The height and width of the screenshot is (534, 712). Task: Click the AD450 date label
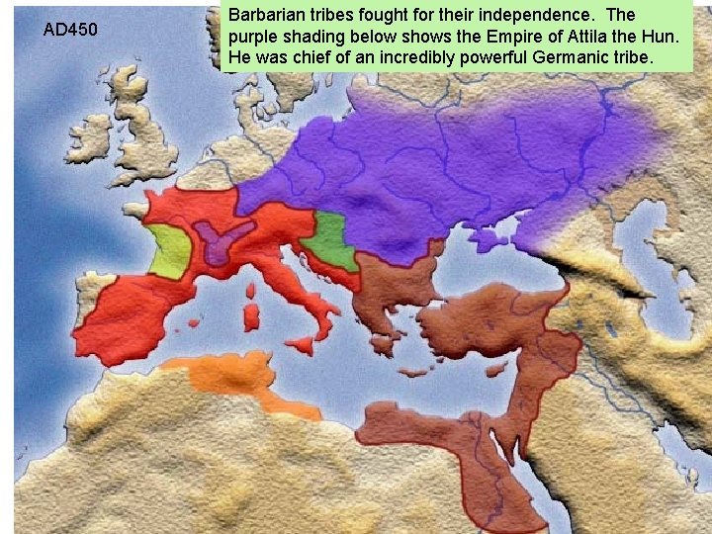coord(70,30)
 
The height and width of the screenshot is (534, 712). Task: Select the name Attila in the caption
coord(591,37)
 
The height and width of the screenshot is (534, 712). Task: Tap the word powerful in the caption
coord(487,57)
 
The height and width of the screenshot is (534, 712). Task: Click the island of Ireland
coord(94,138)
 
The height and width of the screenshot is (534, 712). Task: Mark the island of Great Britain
coord(148,129)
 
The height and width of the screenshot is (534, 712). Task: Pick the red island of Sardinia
coord(251,317)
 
